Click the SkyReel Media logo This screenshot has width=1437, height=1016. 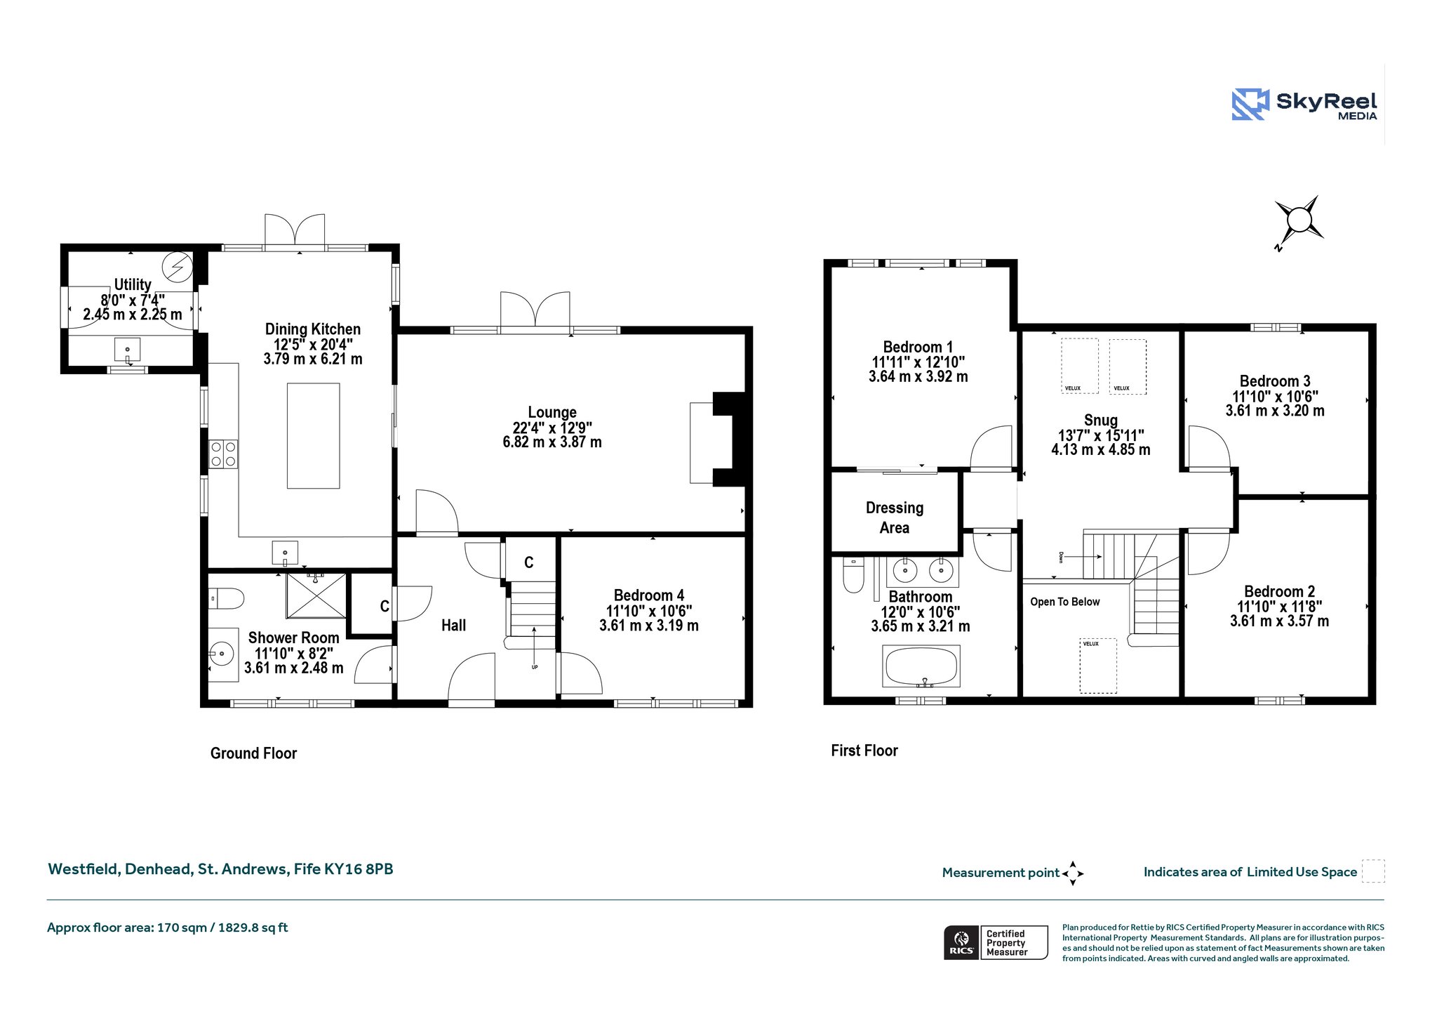coord(1304,105)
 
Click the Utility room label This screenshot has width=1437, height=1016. coord(133,284)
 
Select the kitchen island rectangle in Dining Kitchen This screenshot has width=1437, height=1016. coord(313,435)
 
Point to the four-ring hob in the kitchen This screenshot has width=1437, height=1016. coord(223,454)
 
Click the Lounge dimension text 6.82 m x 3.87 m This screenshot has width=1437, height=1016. coord(552,442)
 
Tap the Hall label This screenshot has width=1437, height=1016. coord(453,625)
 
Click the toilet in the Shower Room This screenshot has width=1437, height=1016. coord(226,598)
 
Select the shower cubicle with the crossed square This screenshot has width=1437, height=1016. coord(316,596)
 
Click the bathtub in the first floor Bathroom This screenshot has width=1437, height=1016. coord(921,666)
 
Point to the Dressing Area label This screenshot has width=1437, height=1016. coord(895,517)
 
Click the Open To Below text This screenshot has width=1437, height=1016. coord(1064,602)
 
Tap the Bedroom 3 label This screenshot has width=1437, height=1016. coord(1275,381)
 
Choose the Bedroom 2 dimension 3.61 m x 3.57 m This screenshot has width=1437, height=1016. coord(1279,621)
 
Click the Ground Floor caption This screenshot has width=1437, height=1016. coord(253,753)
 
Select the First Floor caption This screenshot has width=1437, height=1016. coord(864,751)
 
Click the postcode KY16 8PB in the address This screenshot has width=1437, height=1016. coord(359,869)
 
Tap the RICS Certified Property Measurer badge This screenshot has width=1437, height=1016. coord(996,942)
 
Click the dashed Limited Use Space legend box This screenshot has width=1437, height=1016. coord(1373,871)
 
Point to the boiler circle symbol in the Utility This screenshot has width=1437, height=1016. coord(177,266)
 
